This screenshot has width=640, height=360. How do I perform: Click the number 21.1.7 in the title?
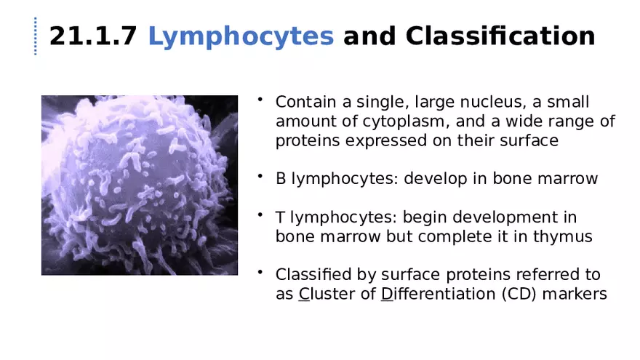coord(92,36)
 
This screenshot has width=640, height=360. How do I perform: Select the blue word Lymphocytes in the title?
coord(241,36)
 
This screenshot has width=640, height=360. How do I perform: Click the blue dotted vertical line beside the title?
coord(35,36)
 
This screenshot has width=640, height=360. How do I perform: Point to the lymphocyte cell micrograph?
coord(139,185)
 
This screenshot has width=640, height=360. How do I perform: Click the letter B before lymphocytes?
coord(281,179)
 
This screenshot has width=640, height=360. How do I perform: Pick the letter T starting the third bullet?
coord(280,217)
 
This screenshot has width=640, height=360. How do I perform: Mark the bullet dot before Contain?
coord(259,100)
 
